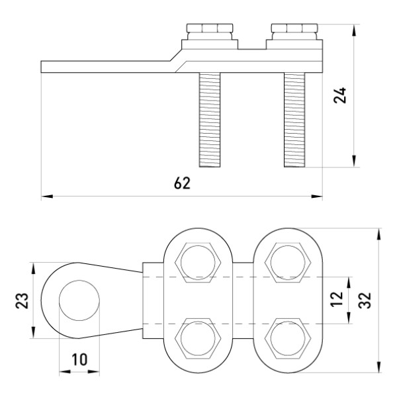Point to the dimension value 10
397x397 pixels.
coord(77,359)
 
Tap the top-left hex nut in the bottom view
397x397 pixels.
coord(195,262)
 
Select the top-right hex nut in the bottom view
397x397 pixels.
coord(287,262)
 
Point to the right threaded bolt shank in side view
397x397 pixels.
coord(295,119)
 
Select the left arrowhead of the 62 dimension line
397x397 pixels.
coord(45,196)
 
